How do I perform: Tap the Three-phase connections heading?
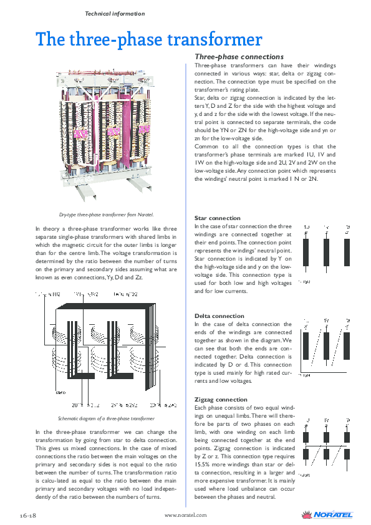239,57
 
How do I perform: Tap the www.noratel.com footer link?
185,515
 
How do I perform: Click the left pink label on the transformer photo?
81,133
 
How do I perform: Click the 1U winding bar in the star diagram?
306,252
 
